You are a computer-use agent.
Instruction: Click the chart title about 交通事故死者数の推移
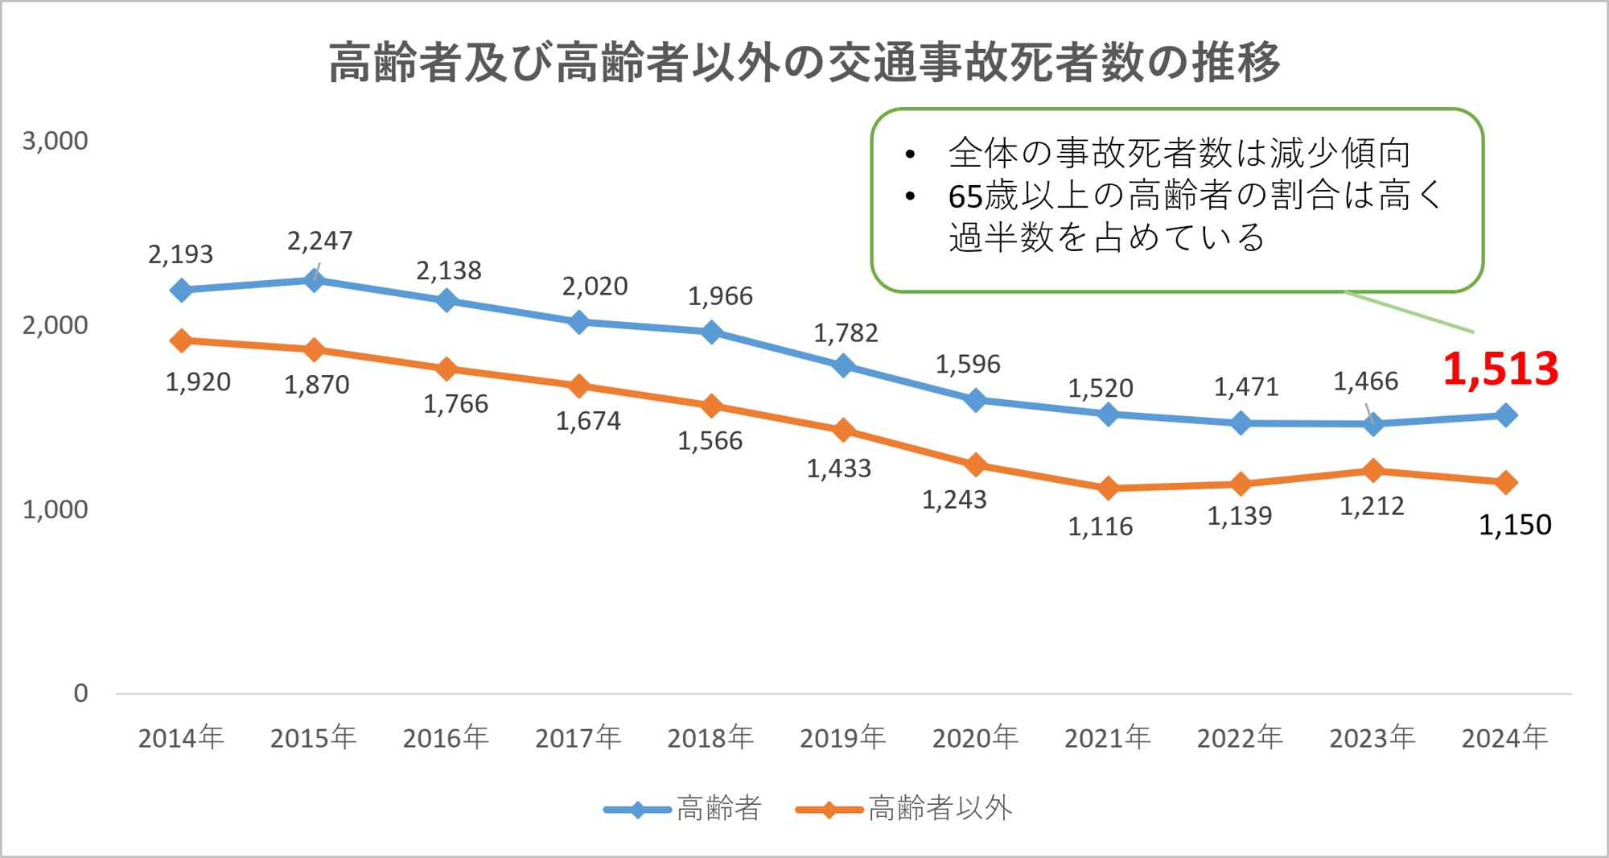[804, 62]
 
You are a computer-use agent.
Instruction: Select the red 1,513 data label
[1500, 369]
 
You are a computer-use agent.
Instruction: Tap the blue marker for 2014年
[181, 290]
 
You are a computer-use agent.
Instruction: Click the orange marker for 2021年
[1108, 488]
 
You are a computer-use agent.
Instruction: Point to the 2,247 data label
[320, 241]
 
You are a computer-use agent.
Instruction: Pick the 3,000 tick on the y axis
[55, 141]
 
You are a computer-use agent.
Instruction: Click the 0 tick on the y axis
[80, 693]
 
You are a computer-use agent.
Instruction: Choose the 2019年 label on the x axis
[842, 737]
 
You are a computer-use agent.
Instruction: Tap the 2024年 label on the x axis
[1504, 737]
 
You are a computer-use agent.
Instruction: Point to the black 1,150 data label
[1515, 525]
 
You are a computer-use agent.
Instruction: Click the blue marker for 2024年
[1506, 415]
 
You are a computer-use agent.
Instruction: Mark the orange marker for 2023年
[1373, 470]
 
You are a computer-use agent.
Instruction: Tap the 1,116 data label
[1100, 526]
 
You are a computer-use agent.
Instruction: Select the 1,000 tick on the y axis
[55, 509]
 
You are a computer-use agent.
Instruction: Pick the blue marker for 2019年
[843, 365]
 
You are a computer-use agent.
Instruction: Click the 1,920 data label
[198, 382]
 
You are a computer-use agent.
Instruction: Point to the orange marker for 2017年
[578, 386]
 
